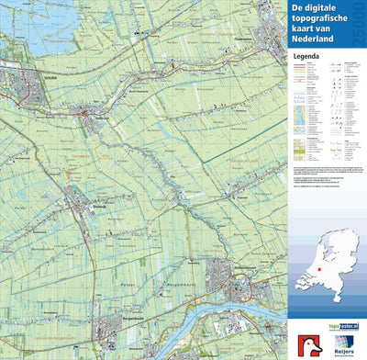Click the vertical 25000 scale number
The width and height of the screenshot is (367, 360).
[x=357, y=19]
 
